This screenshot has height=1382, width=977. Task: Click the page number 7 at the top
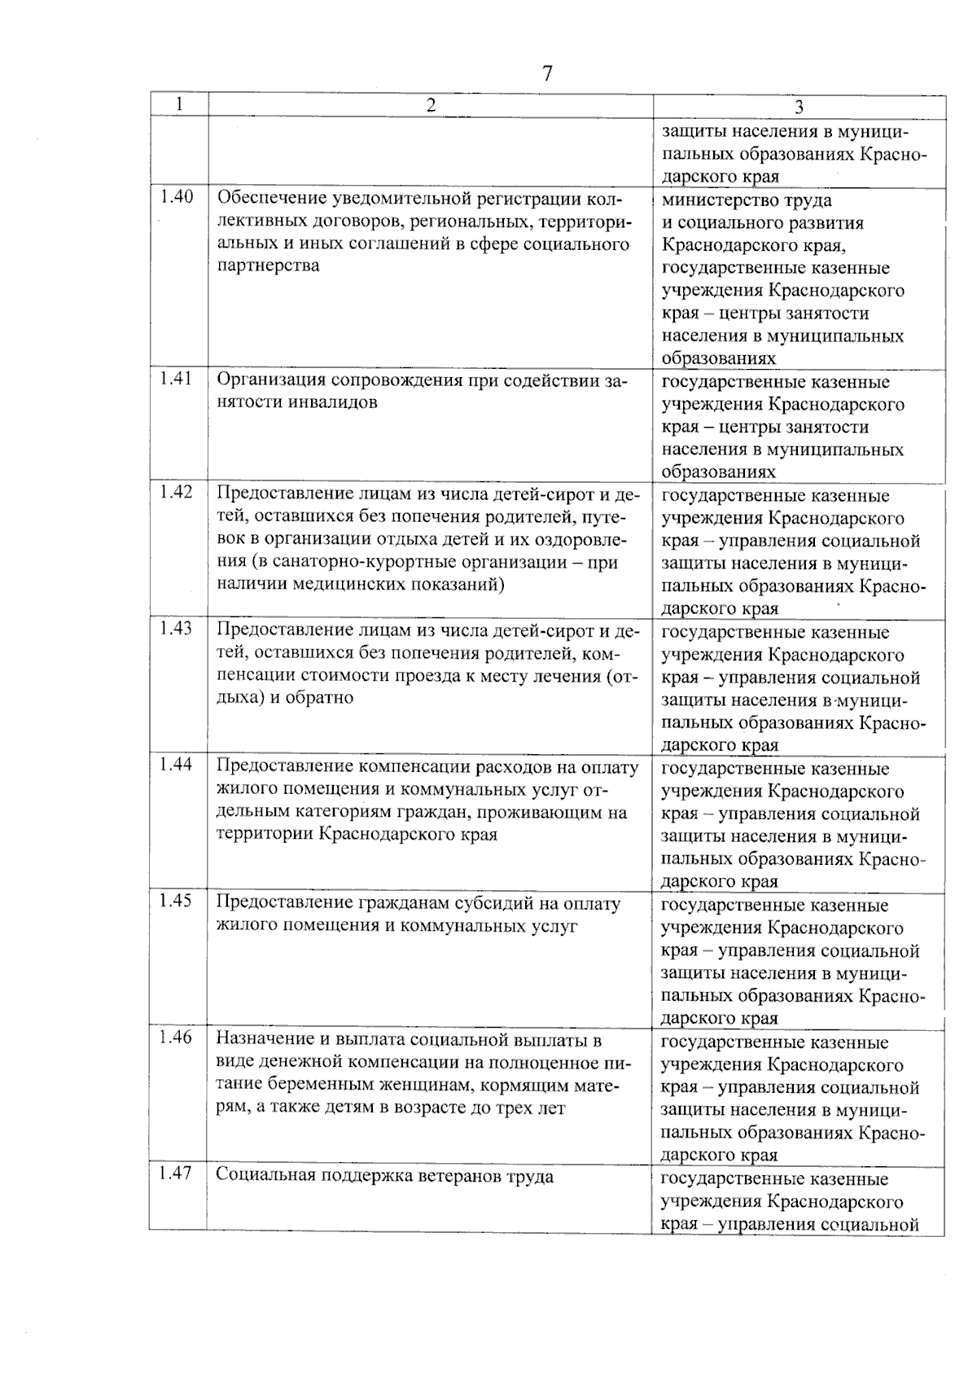547,74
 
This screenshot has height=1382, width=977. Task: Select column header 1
178,104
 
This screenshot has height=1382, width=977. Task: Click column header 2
430,105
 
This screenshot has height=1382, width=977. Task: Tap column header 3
800,107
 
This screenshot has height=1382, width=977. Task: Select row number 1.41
177,379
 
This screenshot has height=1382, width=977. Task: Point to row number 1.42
177,492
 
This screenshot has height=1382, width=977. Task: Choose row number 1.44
177,765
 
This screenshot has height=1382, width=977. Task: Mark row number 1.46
177,1038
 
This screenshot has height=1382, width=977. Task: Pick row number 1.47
177,1174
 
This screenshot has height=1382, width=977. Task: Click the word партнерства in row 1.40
268,266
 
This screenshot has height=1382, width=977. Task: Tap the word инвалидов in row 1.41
333,402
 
